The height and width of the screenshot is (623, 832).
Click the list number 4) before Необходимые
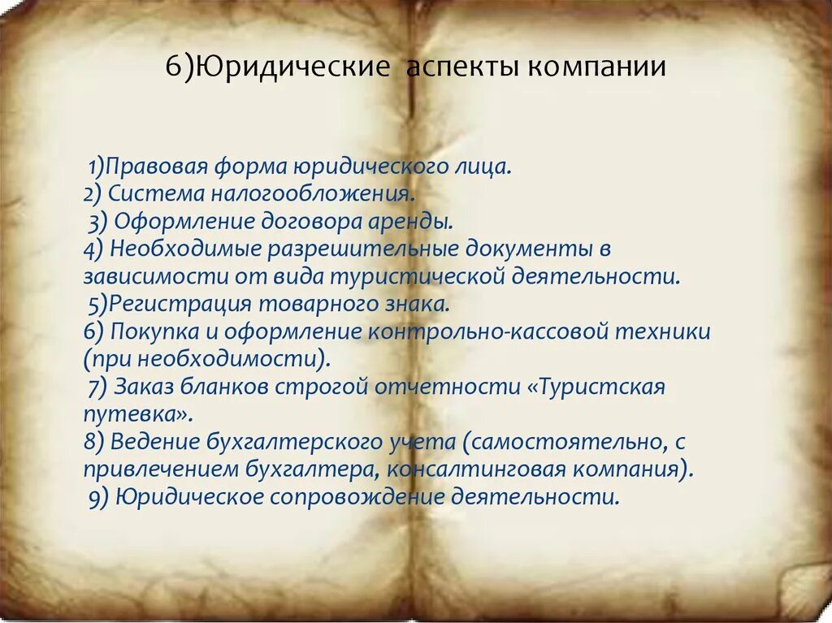pos(92,249)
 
